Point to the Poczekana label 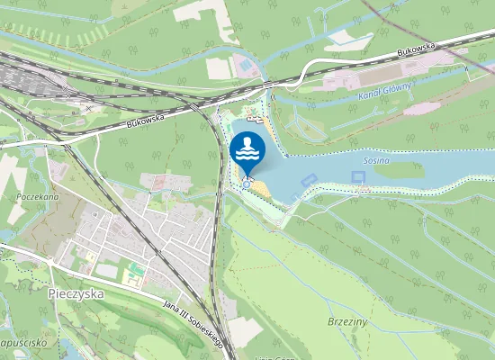coord(37,195)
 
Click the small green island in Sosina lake coord(399,168)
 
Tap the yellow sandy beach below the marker coord(259,188)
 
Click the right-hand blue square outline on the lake coord(359,189)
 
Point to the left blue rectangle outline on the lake coord(308,179)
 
